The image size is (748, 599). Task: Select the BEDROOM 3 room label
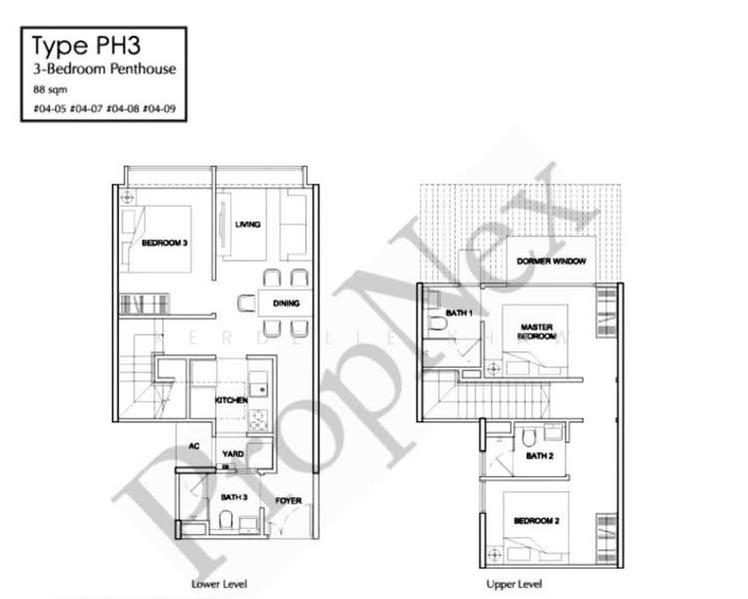pyautogui.click(x=165, y=241)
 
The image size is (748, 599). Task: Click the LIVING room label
pyautogui.click(x=247, y=225)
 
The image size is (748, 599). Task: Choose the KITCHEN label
pyautogui.click(x=230, y=400)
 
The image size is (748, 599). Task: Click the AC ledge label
pyautogui.click(x=195, y=446)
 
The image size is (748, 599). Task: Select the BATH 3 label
pyautogui.click(x=233, y=496)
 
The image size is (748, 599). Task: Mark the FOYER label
pyautogui.click(x=289, y=500)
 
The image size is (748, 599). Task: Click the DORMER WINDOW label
pyautogui.click(x=551, y=261)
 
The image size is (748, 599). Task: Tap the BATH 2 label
pyautogui.click(x=540, y=456)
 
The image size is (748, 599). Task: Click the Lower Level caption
pyautogui.click(x=218, y=583)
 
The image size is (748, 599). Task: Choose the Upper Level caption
pyautogui.click(x=515, y=583)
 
